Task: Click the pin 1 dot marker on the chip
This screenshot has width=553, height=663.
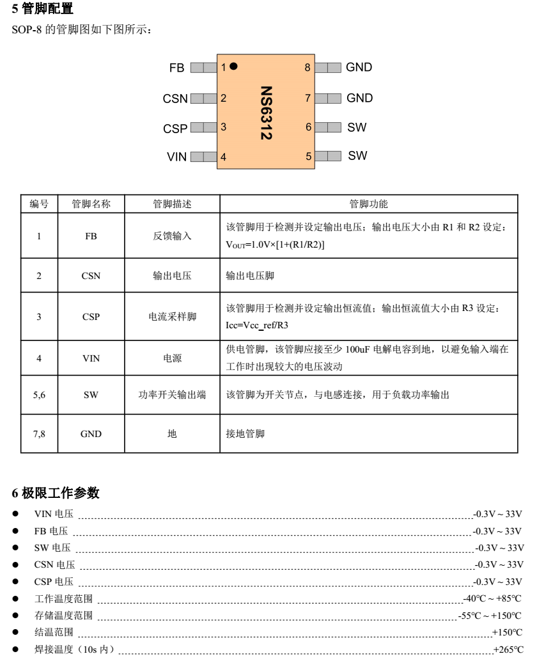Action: pos(234,66)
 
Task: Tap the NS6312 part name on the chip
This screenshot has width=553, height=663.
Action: pos(267,113)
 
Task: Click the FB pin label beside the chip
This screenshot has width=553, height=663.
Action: pos(176,68)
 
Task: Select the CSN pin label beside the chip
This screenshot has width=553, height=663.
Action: pos(175,99)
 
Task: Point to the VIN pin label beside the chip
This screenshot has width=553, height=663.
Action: pos(176,157)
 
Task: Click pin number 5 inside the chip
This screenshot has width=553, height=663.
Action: pos(308,156)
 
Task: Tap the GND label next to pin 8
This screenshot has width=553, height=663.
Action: pos(359,67)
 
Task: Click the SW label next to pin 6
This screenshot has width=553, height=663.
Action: pos(357,127)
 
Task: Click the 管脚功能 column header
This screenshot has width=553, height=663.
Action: pos(368,204)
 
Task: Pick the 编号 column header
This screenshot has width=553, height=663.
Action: pos(39,204)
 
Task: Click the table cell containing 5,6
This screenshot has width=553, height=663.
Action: pos(39,395)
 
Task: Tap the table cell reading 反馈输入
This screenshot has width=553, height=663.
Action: pos(172,236)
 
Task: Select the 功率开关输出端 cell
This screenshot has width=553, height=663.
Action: pos(172,395)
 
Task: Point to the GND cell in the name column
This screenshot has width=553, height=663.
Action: pos(91,433)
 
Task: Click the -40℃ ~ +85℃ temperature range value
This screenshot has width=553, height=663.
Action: pos(492,598)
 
